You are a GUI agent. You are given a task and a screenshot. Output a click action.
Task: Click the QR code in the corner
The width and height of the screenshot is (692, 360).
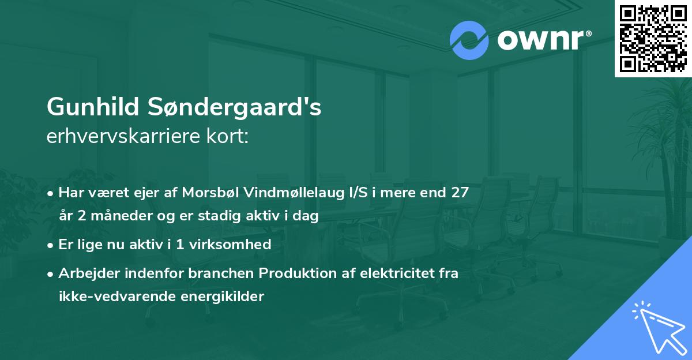(653, 39)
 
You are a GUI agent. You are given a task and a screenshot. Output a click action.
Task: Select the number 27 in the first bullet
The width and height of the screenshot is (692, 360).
(460, 192)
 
